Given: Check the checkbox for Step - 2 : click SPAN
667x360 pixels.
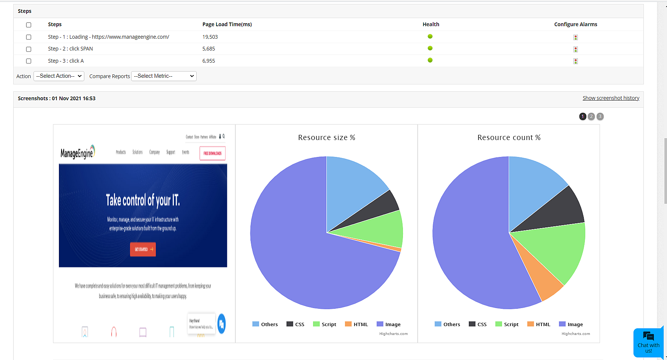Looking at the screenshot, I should (x=28, y=49).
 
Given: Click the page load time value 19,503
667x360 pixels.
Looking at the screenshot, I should (x=210, y=37).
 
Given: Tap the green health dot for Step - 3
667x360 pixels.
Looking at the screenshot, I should (x=430, y=60).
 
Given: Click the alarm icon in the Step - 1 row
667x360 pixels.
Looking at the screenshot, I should (x=575, y=37).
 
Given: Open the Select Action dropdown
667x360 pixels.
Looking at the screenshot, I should (x=59, y=76).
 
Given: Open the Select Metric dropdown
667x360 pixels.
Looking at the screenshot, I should (x=164, y=76).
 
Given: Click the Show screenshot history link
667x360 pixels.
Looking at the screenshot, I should (x=611, y=98).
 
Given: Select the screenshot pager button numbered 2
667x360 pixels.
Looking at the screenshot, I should (x=591, y=116).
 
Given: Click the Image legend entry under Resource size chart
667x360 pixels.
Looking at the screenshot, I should (x=389, y=324).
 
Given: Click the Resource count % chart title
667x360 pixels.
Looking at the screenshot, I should (x=509, y=137).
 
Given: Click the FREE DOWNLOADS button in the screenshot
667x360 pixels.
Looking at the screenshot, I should (x=213, y=153).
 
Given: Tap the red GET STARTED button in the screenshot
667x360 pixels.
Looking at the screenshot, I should (x=143, y=249).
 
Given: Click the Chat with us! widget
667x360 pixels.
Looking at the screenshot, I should (x=648, y=343).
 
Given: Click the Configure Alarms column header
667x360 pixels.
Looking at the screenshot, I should (x=575, y=24).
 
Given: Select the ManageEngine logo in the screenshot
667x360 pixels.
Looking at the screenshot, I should (x=78, y=152).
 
